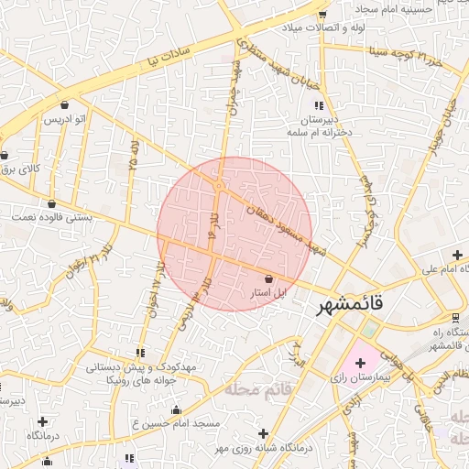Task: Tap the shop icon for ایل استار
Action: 268,278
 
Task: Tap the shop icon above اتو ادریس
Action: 64,104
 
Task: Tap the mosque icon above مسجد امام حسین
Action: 176,409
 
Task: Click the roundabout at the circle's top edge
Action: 220,186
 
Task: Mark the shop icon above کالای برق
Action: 5,155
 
